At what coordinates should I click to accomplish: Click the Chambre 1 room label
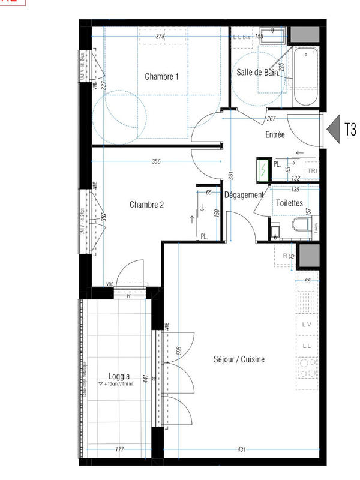[x=161, y=77]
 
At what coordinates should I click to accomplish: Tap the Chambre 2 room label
[x=146, y=205]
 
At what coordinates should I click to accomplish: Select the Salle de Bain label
[x=257, y=73]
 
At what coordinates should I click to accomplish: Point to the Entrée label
[x=275, y=135]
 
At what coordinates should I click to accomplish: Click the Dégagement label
[x=244, y=195]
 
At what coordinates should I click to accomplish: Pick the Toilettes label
[x=289, y=203]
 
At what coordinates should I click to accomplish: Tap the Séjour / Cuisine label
[x=239, y=359]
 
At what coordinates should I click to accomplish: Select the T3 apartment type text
[x=350, y=129]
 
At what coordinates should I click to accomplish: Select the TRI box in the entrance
[x=312, y=171]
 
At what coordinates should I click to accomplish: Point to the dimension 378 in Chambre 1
[x=160, y=37]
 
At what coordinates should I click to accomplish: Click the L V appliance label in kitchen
[x=307, y=325]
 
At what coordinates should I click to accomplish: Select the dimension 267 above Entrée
[x=271, y=118]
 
